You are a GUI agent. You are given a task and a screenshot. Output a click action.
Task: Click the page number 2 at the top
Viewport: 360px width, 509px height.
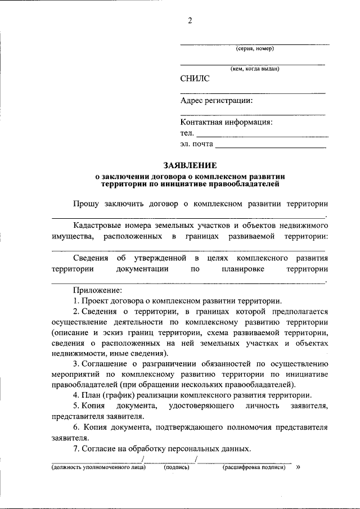(x=190, y=21)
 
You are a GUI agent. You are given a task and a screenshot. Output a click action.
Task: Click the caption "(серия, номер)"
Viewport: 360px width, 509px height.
(x=255, y=48)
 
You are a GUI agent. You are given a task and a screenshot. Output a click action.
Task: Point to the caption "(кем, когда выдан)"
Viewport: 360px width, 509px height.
(x=254, y=69)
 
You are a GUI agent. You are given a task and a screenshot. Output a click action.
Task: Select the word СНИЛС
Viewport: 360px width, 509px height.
(x=195, y=79)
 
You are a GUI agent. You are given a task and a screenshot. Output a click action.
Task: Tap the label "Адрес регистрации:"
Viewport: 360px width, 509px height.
(x=216, y=101)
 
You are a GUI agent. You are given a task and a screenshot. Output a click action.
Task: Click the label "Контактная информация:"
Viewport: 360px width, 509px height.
(x=226, y=122)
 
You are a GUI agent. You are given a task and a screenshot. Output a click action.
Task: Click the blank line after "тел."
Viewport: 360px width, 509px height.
(x=262, y=135)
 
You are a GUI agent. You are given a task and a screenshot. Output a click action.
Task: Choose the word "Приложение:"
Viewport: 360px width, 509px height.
(x=97, y=290)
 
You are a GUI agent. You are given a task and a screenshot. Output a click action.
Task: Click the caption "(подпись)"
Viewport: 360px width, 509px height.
(x=176, y=467)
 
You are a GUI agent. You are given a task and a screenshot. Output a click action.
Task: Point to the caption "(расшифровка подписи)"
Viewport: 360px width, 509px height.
(x=255, y=467)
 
